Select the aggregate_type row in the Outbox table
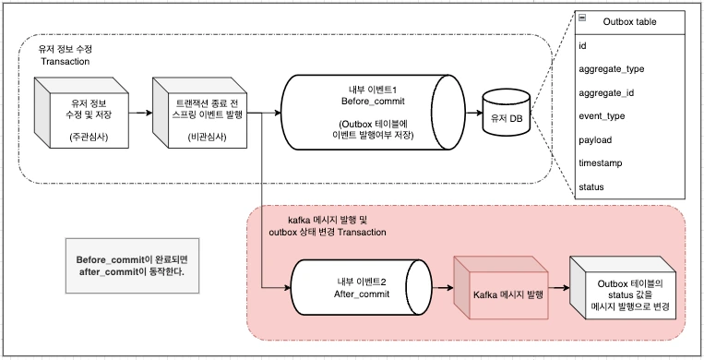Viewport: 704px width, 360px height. [611, 68]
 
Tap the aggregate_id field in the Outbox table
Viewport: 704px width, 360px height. [606, 92]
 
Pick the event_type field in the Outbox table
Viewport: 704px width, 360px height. [602, 116]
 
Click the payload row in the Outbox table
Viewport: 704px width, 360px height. [595, 140]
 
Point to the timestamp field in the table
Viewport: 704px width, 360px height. [601, 163]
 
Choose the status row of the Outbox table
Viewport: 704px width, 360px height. [591, 187]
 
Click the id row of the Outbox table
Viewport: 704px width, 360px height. [582, 44]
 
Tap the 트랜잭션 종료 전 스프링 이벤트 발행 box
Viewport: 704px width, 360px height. [197, 115]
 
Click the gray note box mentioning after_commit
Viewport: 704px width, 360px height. [131, 267]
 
